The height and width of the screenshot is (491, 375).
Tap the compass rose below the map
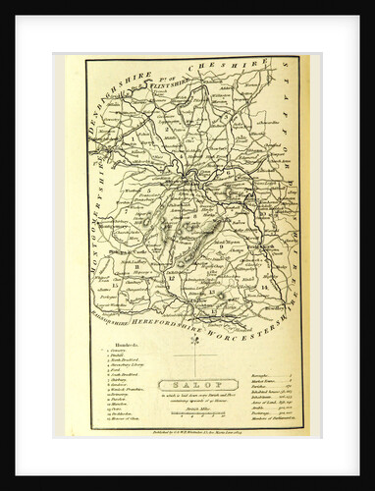click(x=194, y=341)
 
